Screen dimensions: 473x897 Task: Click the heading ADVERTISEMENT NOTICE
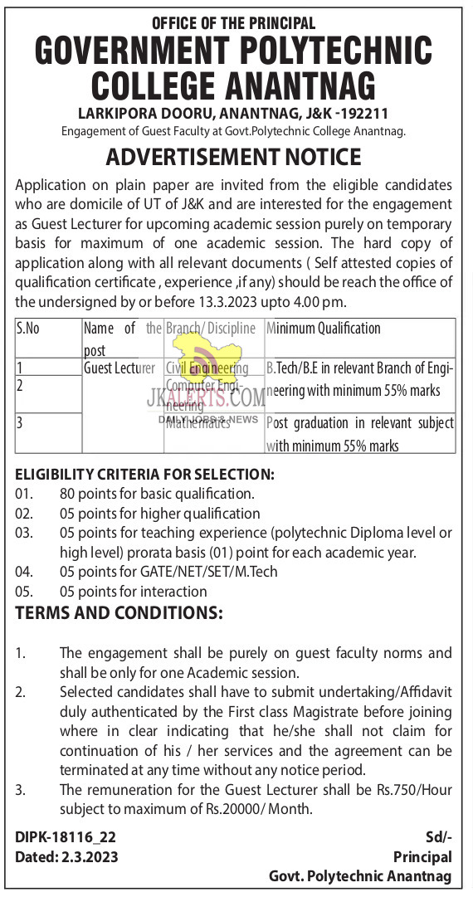click(233, 156)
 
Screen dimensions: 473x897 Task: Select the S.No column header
click(28, 329)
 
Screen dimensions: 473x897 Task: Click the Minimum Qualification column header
click(323, 329)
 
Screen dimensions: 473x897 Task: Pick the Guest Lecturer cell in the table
click(119, 367)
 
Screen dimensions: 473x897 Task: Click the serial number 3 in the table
click(20, 422)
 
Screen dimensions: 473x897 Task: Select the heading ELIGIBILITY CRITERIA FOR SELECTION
click(144, 475)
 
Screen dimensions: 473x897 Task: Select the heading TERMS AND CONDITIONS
click(119, 614)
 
